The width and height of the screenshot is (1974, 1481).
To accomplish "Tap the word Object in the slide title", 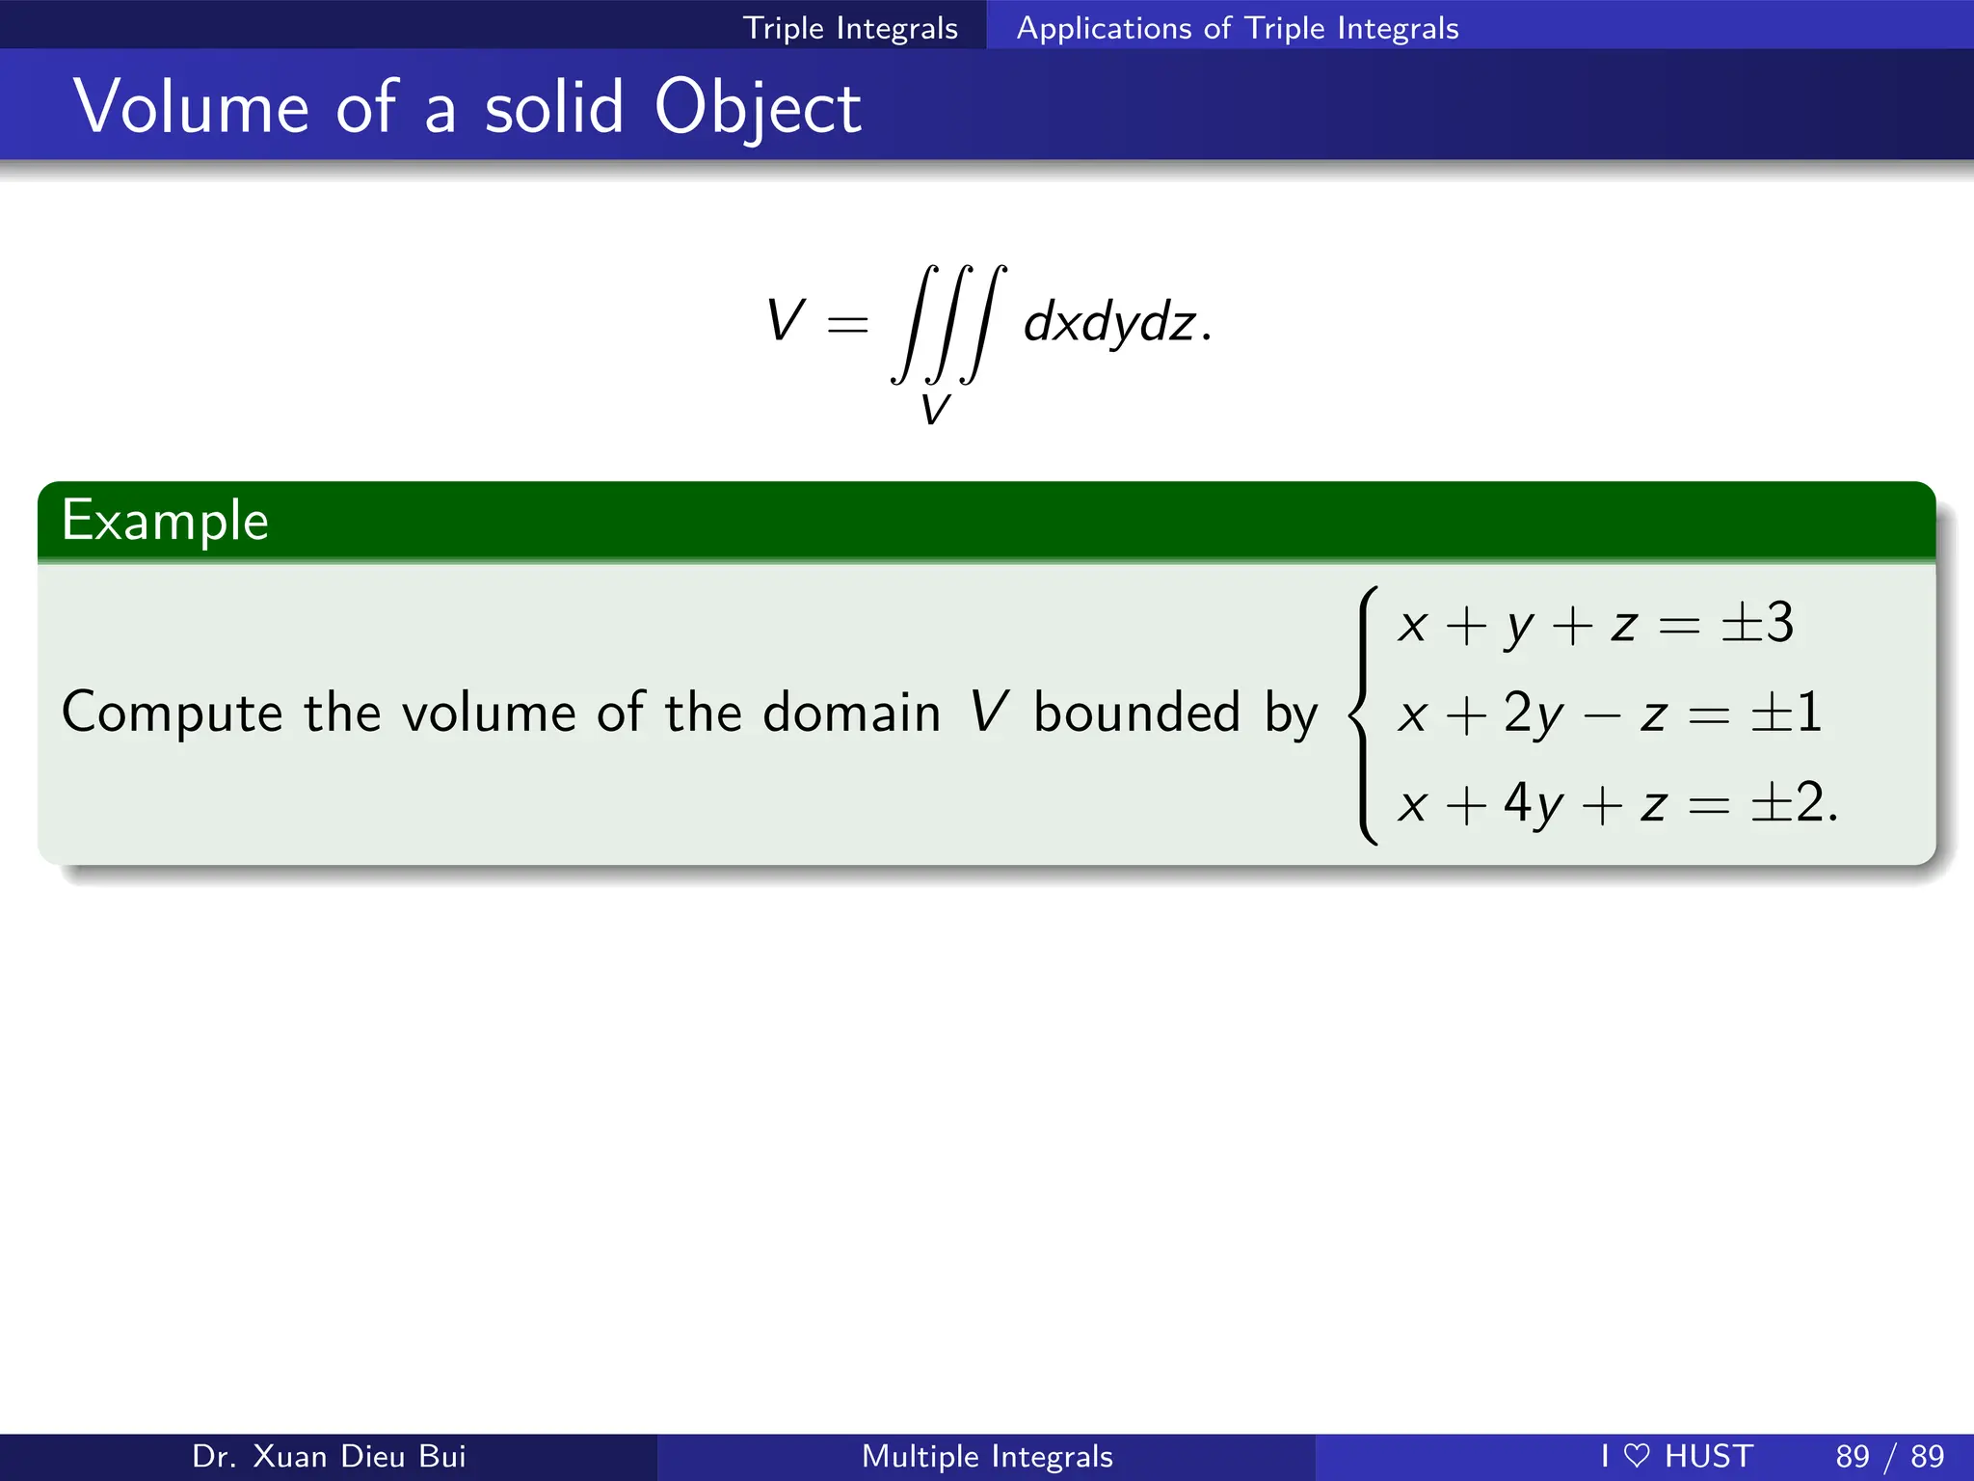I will coord(758,108).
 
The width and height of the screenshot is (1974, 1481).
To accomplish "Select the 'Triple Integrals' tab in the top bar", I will coord(850,28).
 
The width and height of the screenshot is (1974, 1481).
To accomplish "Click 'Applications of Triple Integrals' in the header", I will coord(1238,28).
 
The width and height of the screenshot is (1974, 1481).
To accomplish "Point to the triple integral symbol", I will coord(948,324).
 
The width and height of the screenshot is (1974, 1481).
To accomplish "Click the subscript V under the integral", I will coord(935,410).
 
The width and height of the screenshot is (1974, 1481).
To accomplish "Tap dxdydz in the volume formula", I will coord(1108,322).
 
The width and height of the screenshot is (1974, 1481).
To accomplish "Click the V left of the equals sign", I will coord(785,320).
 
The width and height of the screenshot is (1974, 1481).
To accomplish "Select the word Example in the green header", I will coord(165,521).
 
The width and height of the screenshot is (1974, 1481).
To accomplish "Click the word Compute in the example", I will coord(172,714).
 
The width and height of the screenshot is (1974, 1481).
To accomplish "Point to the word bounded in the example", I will coord(1136,714).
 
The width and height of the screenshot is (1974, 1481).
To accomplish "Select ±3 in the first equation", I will coord(1758,623).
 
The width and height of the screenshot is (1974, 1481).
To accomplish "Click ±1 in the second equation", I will coord(1786,714).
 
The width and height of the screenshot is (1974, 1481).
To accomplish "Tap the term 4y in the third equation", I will coord(1534,803).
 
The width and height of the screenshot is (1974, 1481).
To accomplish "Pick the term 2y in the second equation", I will coord(1534,714).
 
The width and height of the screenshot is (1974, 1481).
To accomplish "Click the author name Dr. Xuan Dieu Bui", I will coord(329,1456).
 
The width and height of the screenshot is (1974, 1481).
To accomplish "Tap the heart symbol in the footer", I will coord(1637,1456).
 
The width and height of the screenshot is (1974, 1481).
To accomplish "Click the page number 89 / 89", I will coord(1889,1456).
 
